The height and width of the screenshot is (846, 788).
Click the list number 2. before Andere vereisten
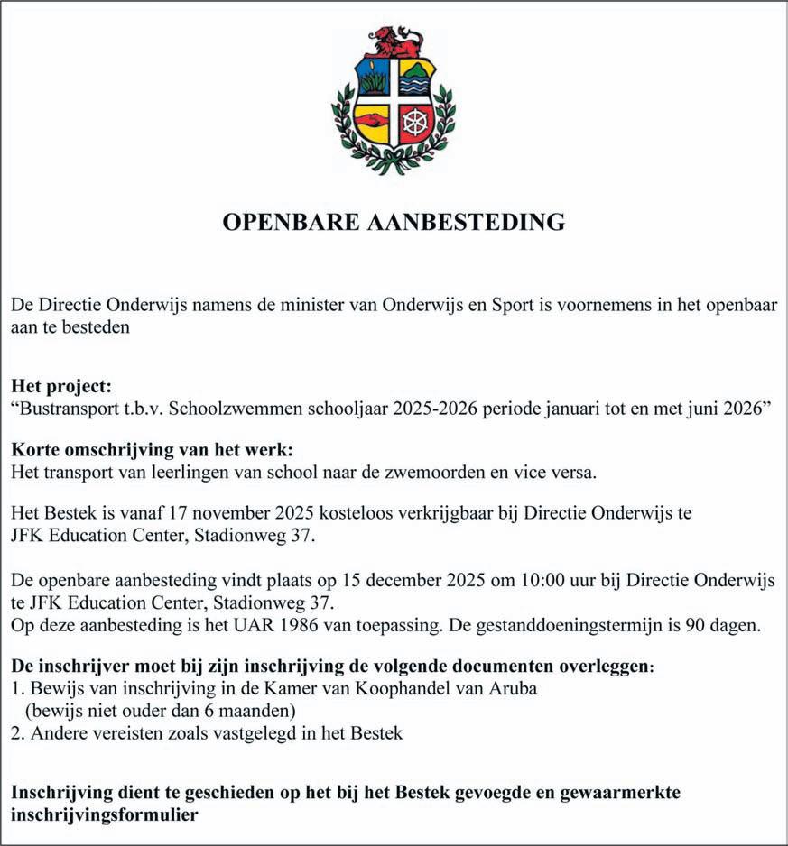click(x=17, y=733)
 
